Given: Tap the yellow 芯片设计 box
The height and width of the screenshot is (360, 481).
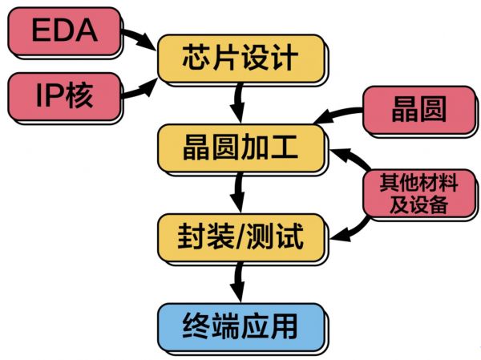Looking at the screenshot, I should (x=241, y=58).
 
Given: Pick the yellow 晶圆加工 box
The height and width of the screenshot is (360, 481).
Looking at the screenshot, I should (x=240, y=147).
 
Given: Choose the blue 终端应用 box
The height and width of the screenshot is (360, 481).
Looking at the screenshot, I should (x=241, y=326).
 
